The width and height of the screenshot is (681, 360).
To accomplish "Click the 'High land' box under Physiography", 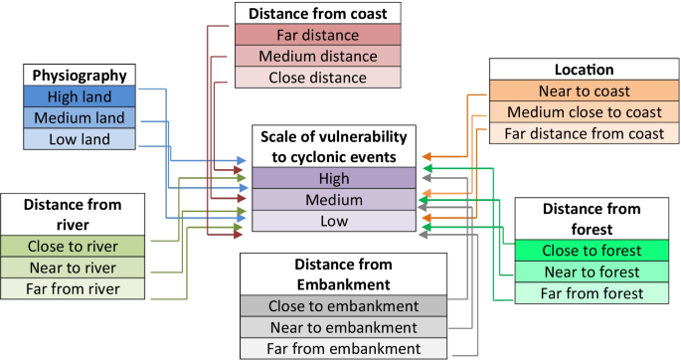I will click(81, 96).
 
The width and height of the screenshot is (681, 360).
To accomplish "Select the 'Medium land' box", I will click(81, 118).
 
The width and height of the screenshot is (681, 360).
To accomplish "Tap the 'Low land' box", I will click(81, 140).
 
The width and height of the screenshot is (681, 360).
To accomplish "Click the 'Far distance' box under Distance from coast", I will click(316, 35).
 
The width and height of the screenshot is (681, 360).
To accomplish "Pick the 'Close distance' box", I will click(316, 78).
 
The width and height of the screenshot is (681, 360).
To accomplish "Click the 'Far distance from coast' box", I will click(571, 133).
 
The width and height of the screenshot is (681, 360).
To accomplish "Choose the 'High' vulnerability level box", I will click(333, 178).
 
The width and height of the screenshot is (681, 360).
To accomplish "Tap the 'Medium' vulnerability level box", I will click(333, 200).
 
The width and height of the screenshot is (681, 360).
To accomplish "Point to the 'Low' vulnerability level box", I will click(333, 221).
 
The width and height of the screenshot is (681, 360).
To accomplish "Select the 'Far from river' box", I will click(74, 289).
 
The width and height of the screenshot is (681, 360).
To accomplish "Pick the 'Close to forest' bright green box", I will click(592, 251).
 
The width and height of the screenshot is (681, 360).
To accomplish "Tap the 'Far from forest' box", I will click(592, 293).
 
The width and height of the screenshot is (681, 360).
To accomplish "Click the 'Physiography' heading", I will click(81, 75).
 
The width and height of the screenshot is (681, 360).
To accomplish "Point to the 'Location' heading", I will click(571, 70).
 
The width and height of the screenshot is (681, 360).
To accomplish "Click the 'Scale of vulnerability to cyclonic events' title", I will click(333, 146).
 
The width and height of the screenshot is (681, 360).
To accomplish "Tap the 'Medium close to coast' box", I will click(571, 112).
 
